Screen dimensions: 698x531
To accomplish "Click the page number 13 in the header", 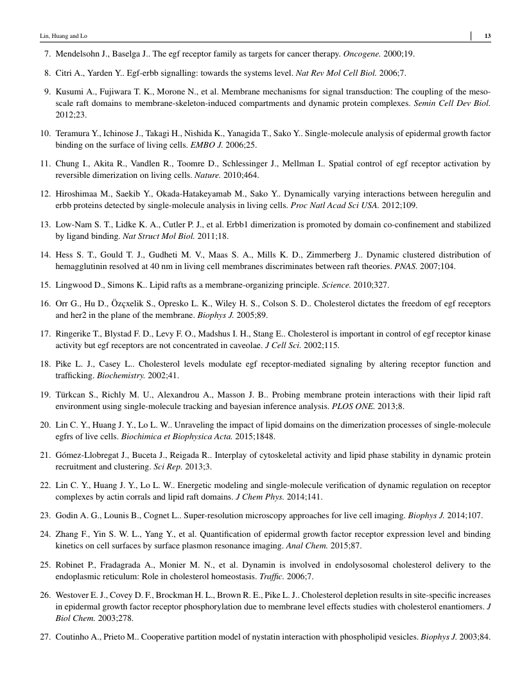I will coord(487,36).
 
